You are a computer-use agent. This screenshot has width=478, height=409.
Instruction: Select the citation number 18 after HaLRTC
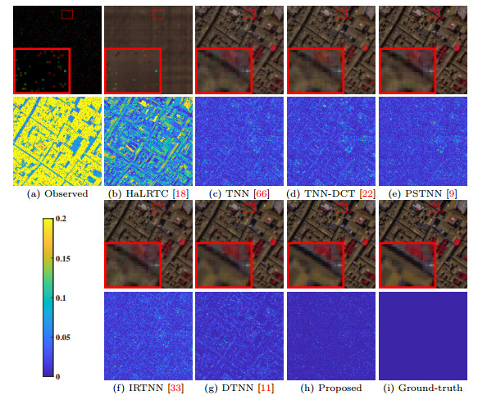coord(180,194)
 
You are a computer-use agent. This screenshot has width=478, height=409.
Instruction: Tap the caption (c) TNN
coord(230,194)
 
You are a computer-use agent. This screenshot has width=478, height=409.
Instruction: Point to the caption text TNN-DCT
coord(324,194)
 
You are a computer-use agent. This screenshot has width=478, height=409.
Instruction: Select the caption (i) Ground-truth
coord(423,387)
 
